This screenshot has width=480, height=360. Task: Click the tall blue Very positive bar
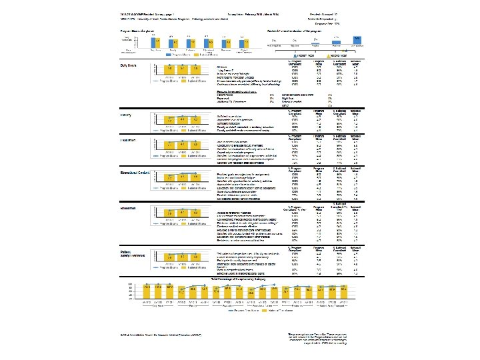coord(358,41)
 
